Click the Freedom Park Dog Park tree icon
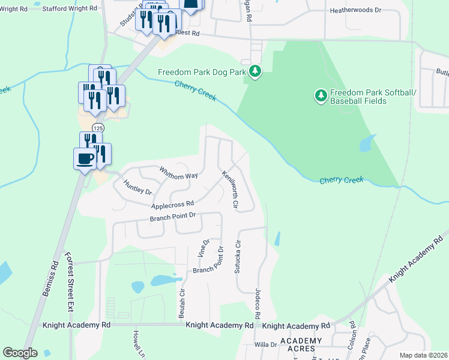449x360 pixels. click(256, 72)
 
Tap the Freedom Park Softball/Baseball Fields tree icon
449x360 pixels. click(321, 95)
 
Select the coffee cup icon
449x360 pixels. click(85, 159)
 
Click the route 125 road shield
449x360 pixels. click(97, 128)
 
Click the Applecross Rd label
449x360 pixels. click(172, 205)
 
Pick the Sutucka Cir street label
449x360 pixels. click(238, 257)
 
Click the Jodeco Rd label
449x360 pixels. click(257, 307)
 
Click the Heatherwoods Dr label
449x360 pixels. click(355, 11)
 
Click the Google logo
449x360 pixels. click(20, 353)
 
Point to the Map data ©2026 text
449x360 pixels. click(423, 355)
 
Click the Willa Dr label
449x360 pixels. click(265, 344)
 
